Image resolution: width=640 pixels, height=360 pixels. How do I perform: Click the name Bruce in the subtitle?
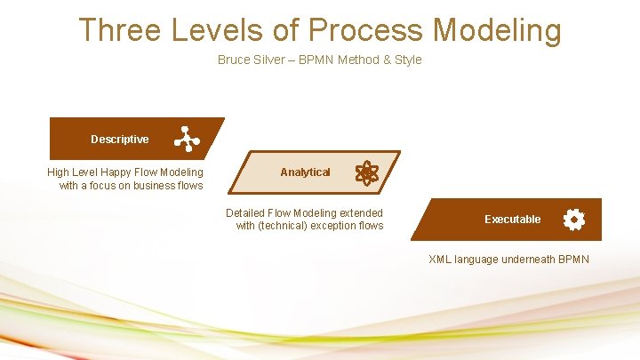pos(234,60)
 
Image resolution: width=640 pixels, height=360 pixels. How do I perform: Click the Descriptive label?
pos(119,140)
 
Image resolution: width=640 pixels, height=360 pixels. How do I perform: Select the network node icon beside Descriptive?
pos(187,140)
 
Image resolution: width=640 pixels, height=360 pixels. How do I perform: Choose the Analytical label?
pos(305,172)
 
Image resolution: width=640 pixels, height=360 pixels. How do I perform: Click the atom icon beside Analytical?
pos(366,172)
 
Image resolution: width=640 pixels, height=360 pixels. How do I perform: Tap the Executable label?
pos(512,220)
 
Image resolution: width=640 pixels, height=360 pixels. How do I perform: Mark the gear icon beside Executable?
pos(574,220)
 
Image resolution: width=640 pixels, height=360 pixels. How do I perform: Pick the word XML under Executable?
pos(440,260)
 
